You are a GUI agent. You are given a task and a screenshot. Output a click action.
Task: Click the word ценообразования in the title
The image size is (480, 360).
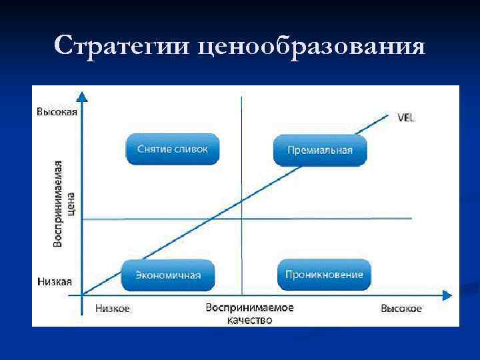pos(311,47)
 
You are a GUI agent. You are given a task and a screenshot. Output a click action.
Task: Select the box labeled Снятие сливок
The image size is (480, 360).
pos(173,149)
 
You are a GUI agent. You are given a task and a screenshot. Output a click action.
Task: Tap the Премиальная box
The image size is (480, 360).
pos(320,150)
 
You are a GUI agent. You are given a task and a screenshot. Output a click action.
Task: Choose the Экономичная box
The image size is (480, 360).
pos(168,275)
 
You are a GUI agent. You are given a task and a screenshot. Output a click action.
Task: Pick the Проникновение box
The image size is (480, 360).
pos(324,275)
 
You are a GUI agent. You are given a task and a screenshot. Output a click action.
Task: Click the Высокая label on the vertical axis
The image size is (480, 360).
pos(57,112)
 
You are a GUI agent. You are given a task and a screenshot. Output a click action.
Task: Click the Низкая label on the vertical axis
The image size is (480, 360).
pos(55,282)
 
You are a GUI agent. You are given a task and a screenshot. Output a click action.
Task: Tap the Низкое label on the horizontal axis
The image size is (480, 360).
pos(112,309)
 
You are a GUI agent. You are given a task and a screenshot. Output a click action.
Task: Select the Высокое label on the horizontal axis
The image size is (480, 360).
pos(401,309)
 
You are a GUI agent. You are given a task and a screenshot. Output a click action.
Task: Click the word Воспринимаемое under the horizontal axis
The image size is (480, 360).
pos(249,308)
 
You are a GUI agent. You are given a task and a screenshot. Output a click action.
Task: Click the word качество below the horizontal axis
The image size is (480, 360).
pos(249,320)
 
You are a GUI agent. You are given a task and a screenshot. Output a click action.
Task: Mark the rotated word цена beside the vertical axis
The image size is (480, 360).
pos(71,203)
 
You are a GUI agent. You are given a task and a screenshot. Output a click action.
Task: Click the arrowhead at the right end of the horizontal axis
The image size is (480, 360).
pos(441,295)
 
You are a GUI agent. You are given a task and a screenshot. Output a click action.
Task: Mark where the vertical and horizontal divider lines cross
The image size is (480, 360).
pos(241,219)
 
